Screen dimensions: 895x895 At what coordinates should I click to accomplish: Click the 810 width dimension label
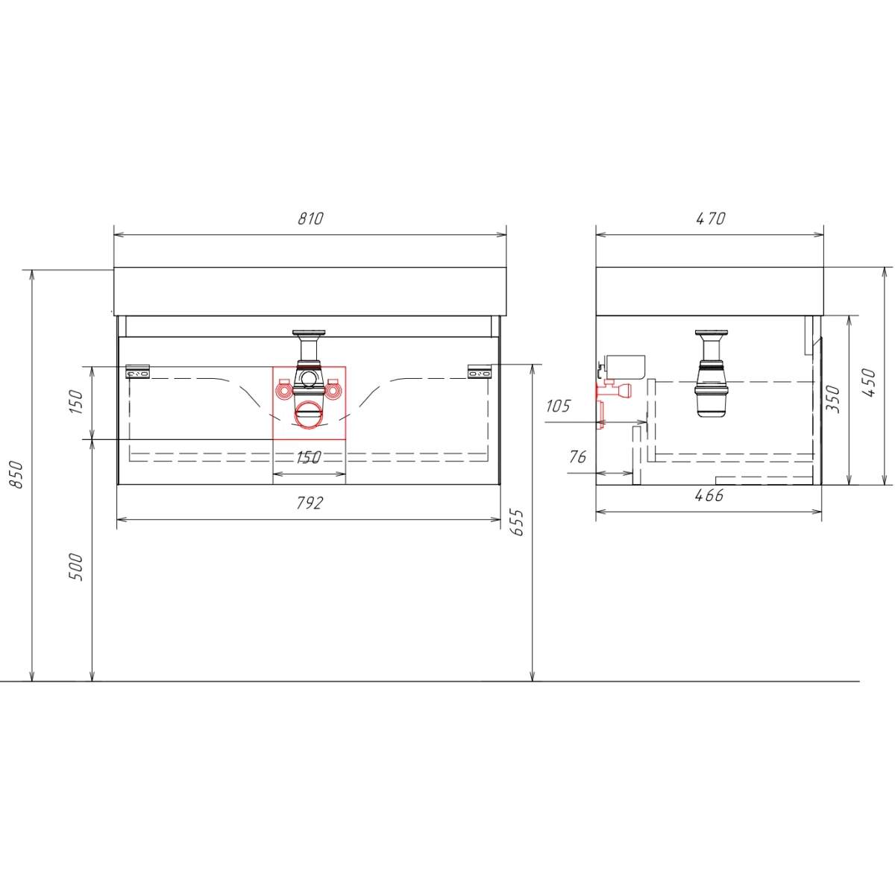coord(310,219)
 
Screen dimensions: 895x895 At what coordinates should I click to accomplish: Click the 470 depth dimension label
coord(711,219)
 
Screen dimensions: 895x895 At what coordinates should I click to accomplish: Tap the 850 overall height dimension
coord(16,474)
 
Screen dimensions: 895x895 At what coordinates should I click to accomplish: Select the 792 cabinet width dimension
coord(310,503)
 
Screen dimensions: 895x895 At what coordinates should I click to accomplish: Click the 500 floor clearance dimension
coord(76,567)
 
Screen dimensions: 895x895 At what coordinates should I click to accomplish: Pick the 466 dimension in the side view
coord(709,495)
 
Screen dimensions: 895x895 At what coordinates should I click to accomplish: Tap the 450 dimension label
coord(869,383)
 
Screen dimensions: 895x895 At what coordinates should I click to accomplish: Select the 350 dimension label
coord(833,399)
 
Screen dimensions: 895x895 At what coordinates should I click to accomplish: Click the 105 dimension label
coord(558,406)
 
